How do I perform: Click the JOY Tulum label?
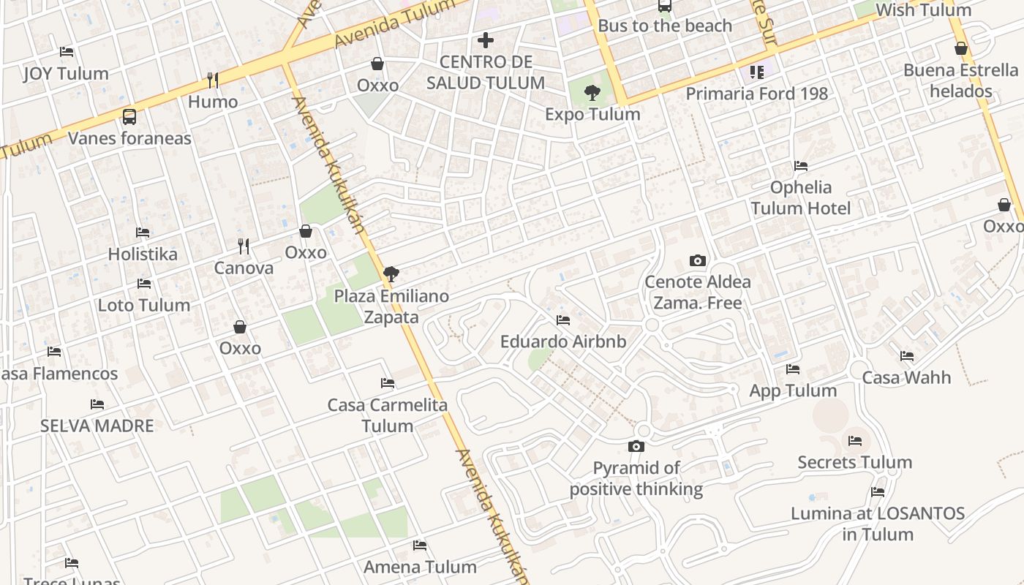[x=66, y=73]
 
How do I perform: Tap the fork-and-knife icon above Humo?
[x=213, y=80]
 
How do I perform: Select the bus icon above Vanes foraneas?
[x=129, y=116]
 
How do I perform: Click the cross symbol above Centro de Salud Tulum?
[x=486, y=39]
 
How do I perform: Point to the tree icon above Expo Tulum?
[x=592, y=93]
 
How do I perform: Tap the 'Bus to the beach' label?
[x=664, y=26]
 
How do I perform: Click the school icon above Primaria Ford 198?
[x=756, y=72]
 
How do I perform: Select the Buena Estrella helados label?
[x=960, y=80]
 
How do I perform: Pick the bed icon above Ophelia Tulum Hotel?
[x=801, y=166]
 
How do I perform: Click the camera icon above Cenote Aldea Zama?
[x=698, y=260]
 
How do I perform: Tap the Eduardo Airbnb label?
[x=563, y=341]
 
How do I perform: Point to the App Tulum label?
[x=793, y=390]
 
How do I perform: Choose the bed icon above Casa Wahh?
[x=907, y=356]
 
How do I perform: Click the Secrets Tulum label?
[x=854, y=462]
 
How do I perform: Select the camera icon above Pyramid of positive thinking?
[x=636, y=446]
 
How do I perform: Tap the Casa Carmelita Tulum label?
[x=387, y=415]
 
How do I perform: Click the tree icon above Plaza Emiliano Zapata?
[x=391, y=274]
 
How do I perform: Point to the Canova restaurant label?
[x=244, y=268]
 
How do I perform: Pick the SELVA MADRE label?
[x=97, y=426]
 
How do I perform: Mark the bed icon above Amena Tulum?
[x=420, y=545]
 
